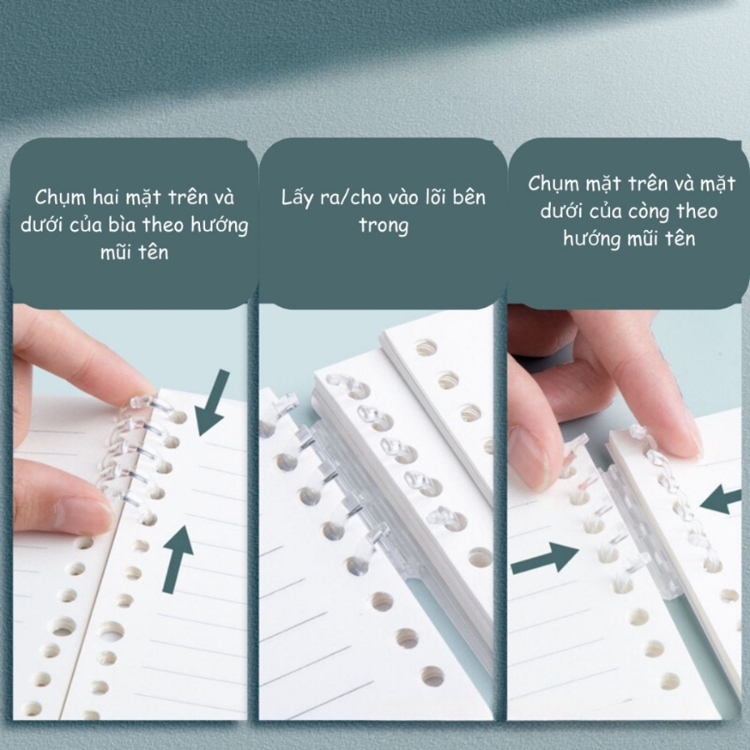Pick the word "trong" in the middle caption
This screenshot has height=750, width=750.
point(383,226)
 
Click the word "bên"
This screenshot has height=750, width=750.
point(469,197)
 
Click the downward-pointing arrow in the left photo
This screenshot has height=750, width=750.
point(212,402)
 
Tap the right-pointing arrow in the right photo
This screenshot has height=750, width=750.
point(545,557)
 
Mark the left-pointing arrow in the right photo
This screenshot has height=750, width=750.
point(721,499)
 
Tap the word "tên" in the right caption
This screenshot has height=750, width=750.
point(678,238)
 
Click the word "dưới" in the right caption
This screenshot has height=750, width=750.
point(561,211)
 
